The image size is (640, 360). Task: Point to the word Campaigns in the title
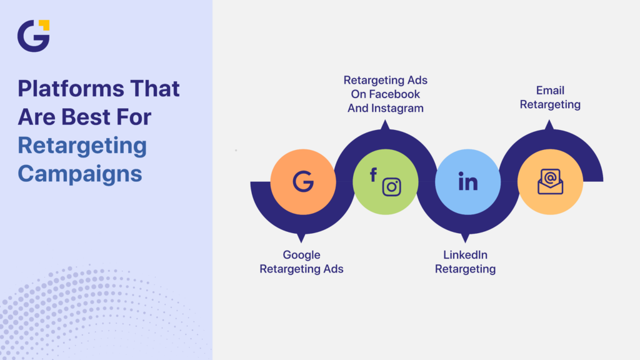pyautogui.click(x=80, y=173)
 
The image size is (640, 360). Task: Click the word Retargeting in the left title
pyautogui.click(x=82, y=146)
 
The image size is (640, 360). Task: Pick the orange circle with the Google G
pyautogui.click(x=303, y=182)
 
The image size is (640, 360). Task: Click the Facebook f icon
pyautogui.click(x=373, y=175)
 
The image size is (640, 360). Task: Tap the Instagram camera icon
pyautogui.click(x=391, y=187)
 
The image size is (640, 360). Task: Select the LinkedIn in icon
pyautogui.click(x=467, y=182)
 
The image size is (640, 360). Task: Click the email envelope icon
pyautogui.click(x=550, y=182)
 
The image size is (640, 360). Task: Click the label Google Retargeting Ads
pyautogui.click(x=301, y=262)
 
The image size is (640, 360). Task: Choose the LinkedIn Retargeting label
pyautogui.click(x=465, y=262)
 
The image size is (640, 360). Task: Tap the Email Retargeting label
pyautogui.click(x=550, y=97)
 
